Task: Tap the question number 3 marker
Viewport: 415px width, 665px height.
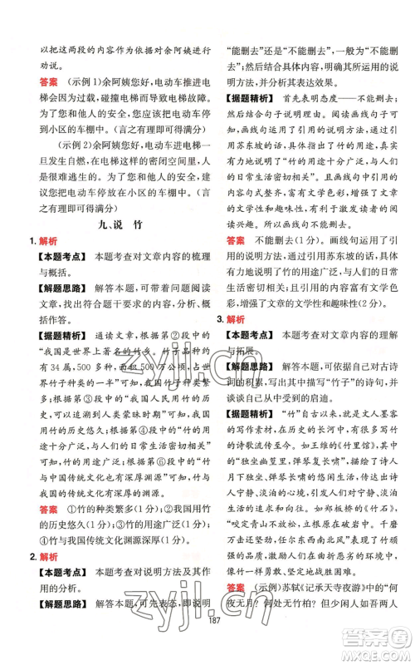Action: [219, 318]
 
